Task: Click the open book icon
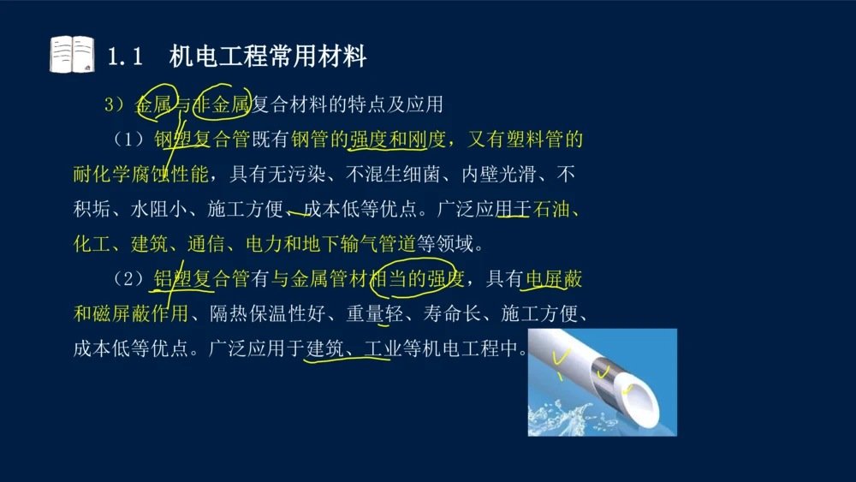coord(72,54)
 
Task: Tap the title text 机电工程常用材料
coord(268,57)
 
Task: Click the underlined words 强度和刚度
coord(397,140)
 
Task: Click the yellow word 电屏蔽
coord(555,278)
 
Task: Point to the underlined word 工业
coord(377,348)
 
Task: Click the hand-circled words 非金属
coord(223,104)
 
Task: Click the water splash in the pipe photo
coord(556,415)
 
